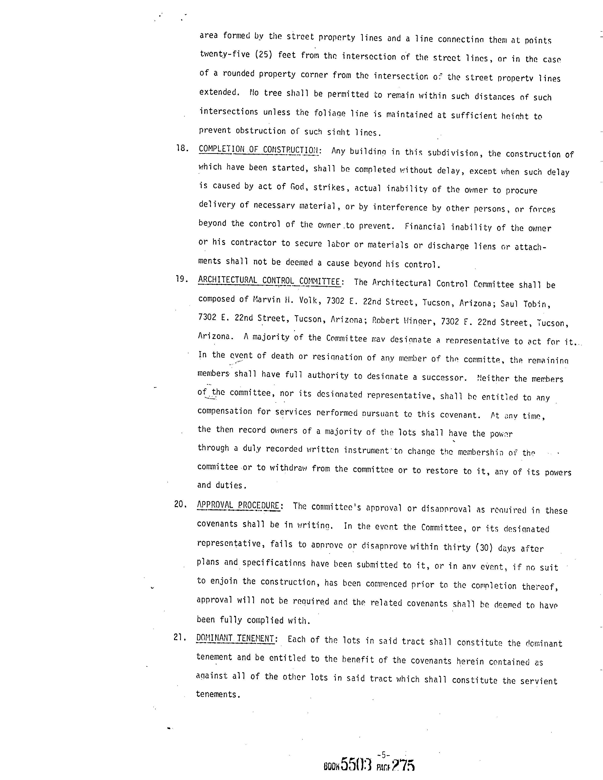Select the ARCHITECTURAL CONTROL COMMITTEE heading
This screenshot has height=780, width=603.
(269, 281)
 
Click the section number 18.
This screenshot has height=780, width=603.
(182, 148)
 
